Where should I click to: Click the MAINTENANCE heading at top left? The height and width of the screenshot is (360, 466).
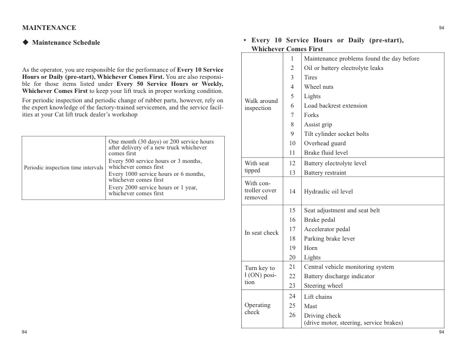[49, 28]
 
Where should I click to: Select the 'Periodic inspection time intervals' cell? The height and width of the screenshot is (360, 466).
[64, 168]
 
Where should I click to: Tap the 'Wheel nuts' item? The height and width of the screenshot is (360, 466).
[318, 87]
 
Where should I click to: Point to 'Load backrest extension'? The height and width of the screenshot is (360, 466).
[335, 106]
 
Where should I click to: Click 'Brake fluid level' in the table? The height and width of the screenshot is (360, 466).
[326, 153]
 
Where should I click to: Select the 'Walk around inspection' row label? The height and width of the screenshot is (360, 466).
[261, 105]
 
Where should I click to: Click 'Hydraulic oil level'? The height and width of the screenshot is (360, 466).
[328, 192]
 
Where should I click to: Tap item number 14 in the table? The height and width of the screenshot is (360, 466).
[292, 192]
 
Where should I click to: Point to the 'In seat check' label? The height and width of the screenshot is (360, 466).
[261, 233]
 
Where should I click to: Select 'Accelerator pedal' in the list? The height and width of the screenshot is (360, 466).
[327, 229]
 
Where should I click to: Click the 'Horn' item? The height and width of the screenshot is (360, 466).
[310, 248]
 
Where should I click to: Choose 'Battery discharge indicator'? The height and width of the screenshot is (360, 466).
[339, 276]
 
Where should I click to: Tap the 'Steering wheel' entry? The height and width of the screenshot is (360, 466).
[323, 286]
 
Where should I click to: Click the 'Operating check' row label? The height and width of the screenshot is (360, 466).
[257, 309]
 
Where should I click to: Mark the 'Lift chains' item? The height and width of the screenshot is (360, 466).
[318, 297]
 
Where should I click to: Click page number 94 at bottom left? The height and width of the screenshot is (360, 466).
[25, 333]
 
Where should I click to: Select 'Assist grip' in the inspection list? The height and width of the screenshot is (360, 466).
[318, 125]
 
